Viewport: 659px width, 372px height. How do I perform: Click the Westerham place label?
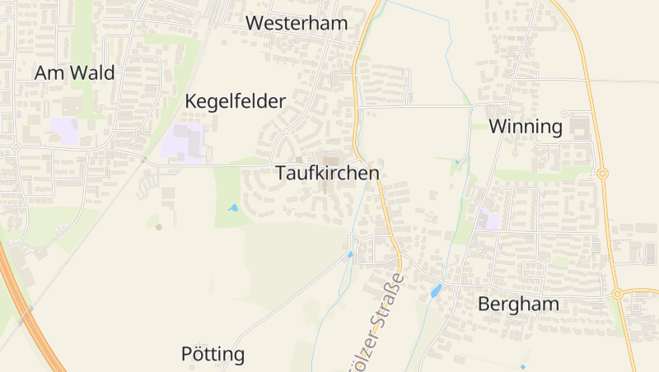pos(297,23)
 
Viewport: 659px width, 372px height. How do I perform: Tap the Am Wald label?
pos(74,72)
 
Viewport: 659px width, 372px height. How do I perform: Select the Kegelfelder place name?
pos(235,102)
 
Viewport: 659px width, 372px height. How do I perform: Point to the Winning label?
pos(526,127)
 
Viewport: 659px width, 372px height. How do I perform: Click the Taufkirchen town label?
pos(327,174)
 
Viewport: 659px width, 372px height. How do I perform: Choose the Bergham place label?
pos(518,305)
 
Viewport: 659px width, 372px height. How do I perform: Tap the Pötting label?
pos(213,355)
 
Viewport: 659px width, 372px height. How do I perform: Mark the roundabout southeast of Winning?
pos(603,173)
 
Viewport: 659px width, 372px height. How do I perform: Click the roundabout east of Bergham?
pos(617,293)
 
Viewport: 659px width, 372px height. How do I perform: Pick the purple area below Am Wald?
pos(65,130)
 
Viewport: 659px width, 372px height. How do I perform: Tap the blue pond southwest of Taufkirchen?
pos(234,208)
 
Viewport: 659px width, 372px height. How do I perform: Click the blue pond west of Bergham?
pos(436,291)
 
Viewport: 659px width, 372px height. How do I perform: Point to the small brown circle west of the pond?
pos(159,226)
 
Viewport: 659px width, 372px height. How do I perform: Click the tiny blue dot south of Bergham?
pos(522,366)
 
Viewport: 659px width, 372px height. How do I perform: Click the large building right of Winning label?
pos(579,128)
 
